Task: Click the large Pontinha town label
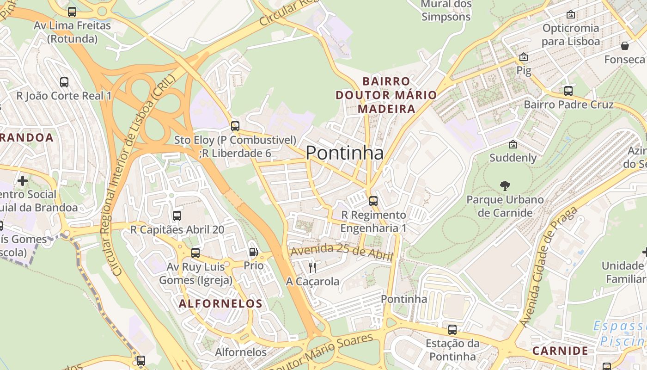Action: click(344, 153)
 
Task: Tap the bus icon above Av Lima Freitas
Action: click(72, 12)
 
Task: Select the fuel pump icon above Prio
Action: click(253, 252)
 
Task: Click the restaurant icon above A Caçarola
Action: click(312, 267)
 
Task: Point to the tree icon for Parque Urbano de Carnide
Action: click(505, 186)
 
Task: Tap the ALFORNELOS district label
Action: click(220, 304)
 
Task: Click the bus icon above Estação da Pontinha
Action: click(452, 330)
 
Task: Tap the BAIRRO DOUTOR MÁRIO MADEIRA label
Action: click(386, 95)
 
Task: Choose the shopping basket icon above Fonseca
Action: click(625, 46)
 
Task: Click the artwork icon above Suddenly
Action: click(513, 144)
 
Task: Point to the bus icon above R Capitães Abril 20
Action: click(177, 216)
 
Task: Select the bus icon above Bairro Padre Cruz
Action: click(568, 91)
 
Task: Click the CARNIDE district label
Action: click(560, 351)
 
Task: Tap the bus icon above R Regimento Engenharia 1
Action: click(373, 201)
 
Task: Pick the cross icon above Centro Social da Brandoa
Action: click(22, 180)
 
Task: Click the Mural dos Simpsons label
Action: click(446, 10)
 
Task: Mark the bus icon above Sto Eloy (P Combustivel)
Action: click(235, 126)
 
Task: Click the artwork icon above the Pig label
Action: click(524, 57)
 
